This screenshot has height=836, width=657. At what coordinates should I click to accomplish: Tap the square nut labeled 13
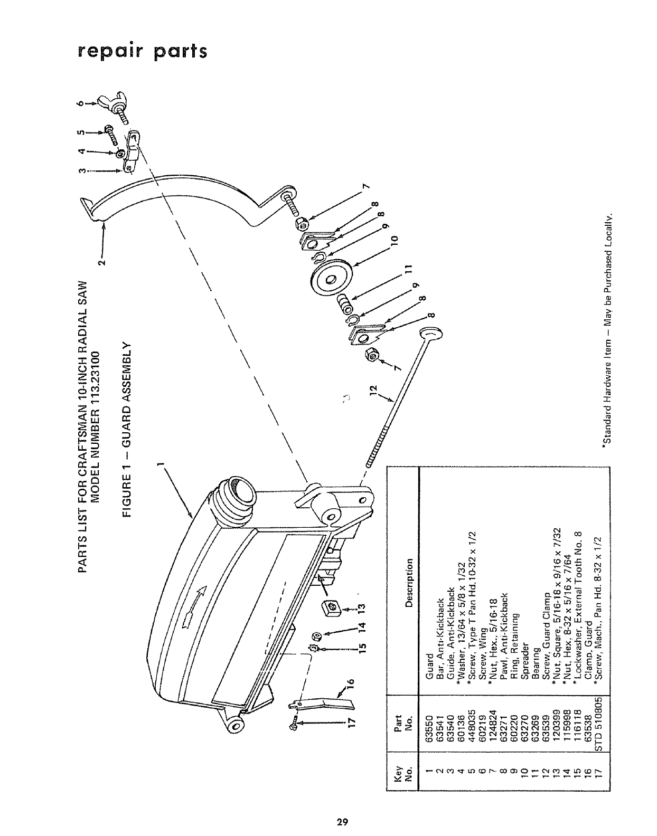(x=330, y=608)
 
